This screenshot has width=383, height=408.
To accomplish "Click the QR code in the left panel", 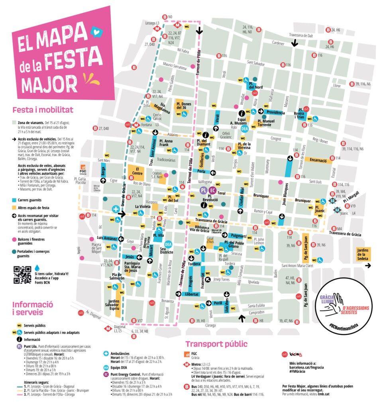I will point(22,275).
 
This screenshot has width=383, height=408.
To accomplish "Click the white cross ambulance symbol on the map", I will point(116,209).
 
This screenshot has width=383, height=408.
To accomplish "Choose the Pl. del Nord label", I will point(256,85).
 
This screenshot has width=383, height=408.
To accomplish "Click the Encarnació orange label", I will point(321,160).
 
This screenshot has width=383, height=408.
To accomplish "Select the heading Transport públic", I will point(216,344).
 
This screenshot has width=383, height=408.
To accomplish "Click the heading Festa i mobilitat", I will point(43,110).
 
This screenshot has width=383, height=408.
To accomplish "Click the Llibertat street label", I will point(192,294).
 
